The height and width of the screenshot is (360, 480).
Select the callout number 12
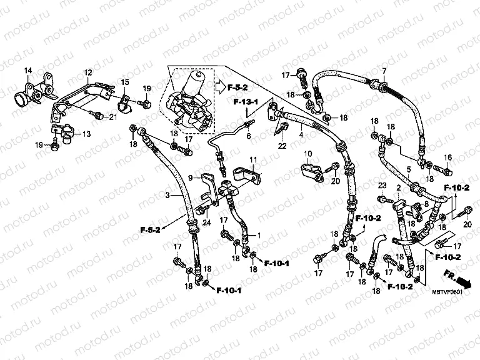(88, 72)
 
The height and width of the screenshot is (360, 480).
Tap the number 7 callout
(384, 70)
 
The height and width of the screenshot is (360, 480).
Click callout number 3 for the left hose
(168, 196)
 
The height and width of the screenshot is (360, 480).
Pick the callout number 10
(307, 153)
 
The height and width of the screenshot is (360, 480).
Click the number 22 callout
(282, 146)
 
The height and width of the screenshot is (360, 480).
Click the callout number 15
(124, 82)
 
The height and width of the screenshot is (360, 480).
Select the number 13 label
(86, 134)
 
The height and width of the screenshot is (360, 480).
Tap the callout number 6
(248, 136)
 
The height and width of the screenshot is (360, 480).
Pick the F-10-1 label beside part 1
(276, 263)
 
